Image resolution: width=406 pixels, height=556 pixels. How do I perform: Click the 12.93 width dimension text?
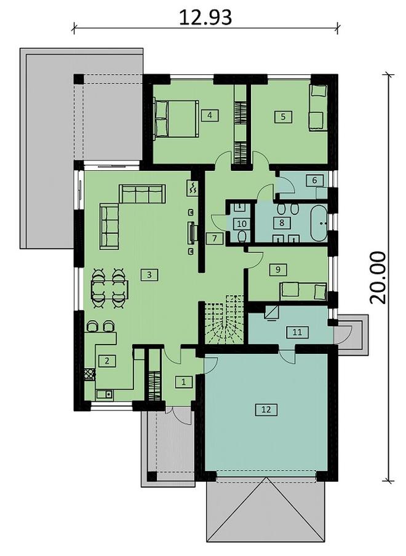(x=205, y=17)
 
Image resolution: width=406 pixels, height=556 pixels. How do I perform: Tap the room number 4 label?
(x=210, y=115)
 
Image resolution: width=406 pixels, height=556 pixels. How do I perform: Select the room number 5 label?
(x=283, y=116)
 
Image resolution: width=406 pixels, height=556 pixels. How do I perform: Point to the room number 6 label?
(x=314, y=181)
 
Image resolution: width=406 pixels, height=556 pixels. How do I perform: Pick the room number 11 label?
(x=297, y=332)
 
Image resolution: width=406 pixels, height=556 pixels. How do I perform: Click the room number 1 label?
(x=183, y=382)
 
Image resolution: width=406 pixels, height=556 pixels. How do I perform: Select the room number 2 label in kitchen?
(x=107, y=361)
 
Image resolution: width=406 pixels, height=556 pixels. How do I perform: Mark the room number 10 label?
(x=242, y=224)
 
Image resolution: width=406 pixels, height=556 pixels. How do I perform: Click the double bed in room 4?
(x=176, y=119)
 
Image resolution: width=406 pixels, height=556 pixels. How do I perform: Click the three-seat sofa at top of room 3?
(x=142, y=194)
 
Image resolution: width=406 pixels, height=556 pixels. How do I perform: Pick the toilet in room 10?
(x=242, y=238)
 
